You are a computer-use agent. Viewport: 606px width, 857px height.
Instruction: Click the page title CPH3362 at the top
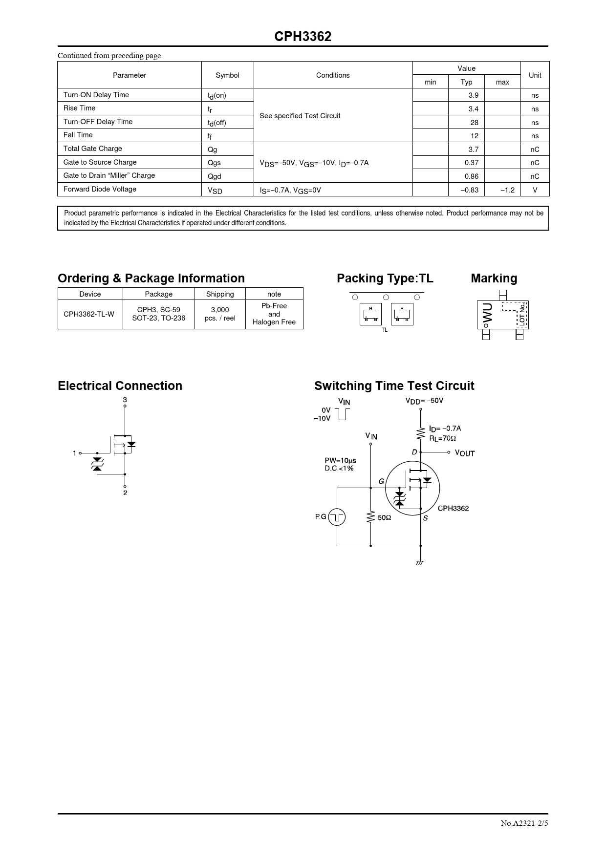click(303, 37)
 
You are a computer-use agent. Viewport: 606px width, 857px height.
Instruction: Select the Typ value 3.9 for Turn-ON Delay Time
click(473, 95)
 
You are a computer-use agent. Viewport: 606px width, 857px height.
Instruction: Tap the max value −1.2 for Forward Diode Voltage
click(507, 190)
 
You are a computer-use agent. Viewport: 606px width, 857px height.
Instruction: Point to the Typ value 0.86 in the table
click(471, 176)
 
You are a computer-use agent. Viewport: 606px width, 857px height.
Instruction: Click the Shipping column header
click(220, 294)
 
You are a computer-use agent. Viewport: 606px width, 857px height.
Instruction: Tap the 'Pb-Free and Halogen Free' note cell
click(274, 314)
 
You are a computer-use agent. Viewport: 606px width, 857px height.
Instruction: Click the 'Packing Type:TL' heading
click(385, 279)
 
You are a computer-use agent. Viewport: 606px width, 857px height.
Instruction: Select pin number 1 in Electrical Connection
click(74, 453)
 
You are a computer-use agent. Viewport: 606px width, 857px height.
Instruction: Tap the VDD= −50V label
click(424, 401)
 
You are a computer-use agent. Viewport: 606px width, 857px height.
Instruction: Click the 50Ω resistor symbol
click(371, 517)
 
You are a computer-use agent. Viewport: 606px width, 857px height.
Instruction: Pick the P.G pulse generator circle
click(337, 517)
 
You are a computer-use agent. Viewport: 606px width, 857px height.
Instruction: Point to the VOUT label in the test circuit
click(464, 453)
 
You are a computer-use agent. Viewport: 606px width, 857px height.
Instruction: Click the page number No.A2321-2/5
click(524, 823)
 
